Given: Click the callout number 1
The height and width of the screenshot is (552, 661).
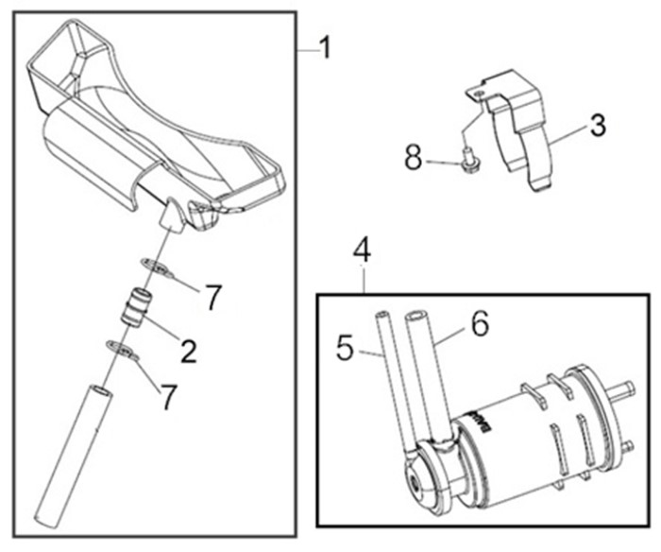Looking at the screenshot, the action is coord(325,48).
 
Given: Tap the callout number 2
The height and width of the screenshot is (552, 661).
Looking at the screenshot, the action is coord(189,352).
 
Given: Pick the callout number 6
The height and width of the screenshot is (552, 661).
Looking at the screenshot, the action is coord(480,324).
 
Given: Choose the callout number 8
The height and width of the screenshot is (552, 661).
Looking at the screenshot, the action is coord(414,157).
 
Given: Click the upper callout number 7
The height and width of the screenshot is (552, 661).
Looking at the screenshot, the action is coord(212,297).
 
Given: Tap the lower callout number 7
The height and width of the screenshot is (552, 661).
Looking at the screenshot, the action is coord(168,398).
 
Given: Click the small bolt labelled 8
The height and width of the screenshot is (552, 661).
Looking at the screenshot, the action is coord(468,163).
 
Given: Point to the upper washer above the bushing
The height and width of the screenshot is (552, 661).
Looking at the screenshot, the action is coord(157,267).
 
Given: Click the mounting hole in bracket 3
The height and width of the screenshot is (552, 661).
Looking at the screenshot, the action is coord(478,95).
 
